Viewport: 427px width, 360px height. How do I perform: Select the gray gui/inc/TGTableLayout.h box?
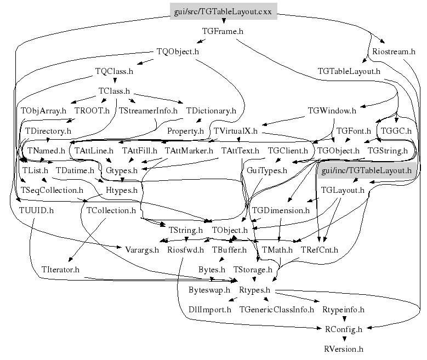point(366,171)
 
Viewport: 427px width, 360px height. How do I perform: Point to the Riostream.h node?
point(394,52)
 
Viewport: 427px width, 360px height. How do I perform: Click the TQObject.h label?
point(178,52)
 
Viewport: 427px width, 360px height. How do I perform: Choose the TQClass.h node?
point(114,71)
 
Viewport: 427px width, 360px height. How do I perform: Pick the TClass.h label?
point(114,90)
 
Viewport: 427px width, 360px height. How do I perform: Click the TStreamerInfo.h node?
point(148,111)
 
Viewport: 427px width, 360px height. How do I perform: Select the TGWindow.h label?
point(333,111)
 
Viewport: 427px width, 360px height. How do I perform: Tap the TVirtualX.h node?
point(235,131)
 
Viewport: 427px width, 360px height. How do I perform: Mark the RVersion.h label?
point(344,348)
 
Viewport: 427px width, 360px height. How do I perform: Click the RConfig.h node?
point(344,329)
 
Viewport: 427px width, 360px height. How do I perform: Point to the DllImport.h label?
point(209,310)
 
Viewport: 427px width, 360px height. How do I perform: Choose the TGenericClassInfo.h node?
point(276,310)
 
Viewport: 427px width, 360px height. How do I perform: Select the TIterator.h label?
point(60,270)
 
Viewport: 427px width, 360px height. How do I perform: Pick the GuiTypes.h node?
point(267,170)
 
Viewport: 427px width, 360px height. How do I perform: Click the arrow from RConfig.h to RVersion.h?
point(344,339)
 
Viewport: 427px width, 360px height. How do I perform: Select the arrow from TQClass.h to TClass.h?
point(114,81)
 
